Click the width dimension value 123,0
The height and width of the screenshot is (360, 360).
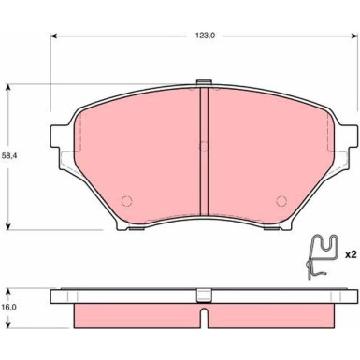pyautogui.click(x=203, y=36)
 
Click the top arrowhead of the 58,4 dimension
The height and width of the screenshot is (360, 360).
pyautogui.click(x=9, y=87)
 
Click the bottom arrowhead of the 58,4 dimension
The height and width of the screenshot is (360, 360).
pyautogui.click(x=9, y=227)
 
